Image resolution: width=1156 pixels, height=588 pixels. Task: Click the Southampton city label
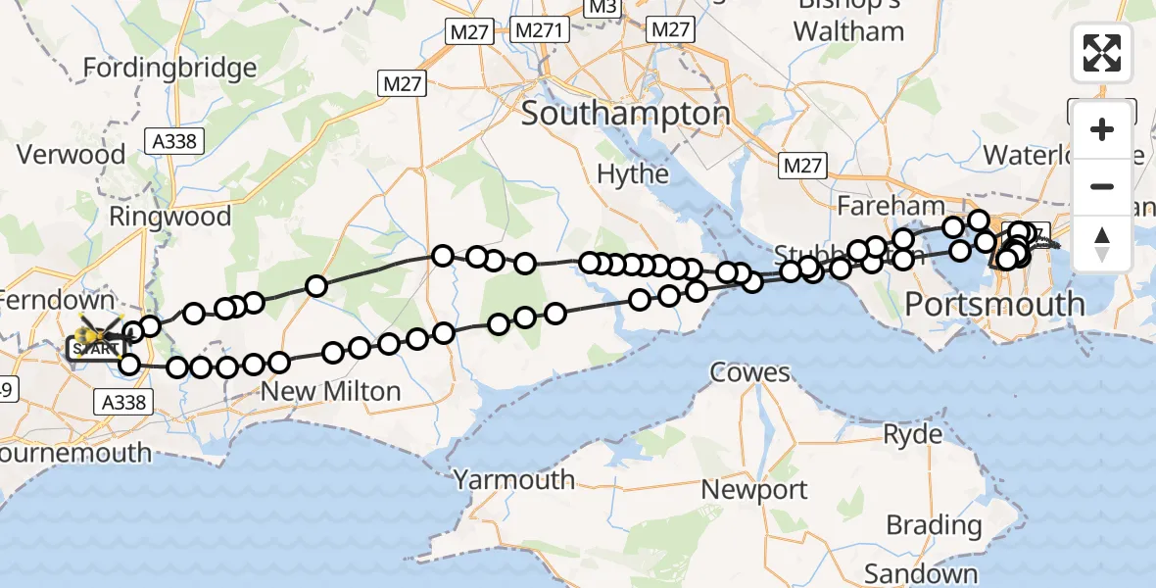click(x=625, y=115)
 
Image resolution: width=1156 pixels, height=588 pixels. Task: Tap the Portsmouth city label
click(x=994, y=304)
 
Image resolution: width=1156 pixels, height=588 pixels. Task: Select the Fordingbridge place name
click(x=170, y=69)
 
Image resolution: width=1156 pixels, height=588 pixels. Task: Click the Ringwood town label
click(x=170, y=217)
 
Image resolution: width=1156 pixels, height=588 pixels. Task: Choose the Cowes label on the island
click(x=750, y=372)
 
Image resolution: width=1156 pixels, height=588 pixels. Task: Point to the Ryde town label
click(x=912, y=434)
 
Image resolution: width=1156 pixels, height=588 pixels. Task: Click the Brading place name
click(x=934, y=525)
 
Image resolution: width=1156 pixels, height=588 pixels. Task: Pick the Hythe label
click(x=633, y=175)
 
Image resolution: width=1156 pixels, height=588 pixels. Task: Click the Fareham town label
click(x=891, y=207)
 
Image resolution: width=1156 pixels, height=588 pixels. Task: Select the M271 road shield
click(x=540, y=30)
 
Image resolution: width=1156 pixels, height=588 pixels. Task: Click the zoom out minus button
click(x=1102, y=187)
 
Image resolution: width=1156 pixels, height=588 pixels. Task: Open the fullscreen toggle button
click(x=1102, y=53)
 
